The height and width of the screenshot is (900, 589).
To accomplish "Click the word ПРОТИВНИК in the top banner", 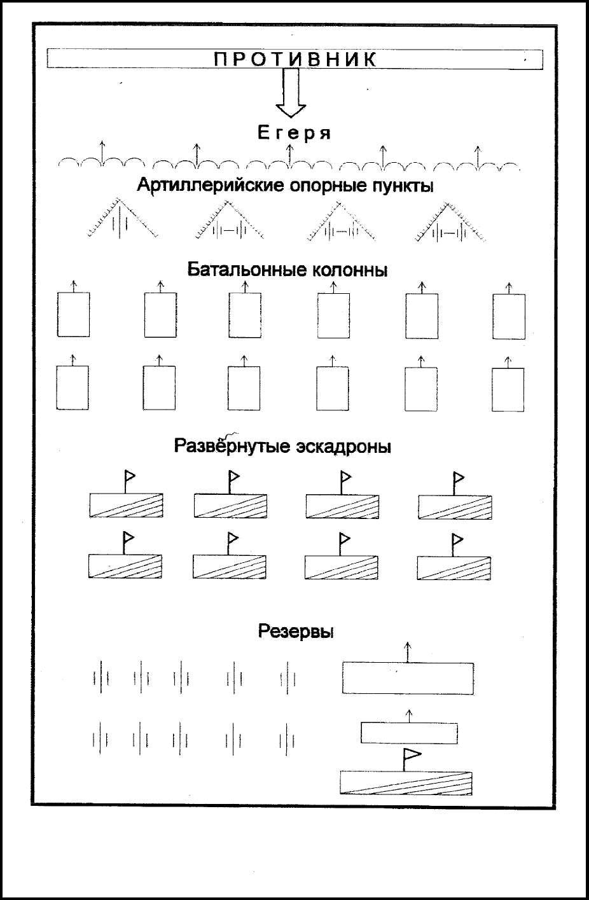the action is (295, 59).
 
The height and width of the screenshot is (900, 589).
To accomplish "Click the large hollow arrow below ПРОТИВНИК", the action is (291, 92).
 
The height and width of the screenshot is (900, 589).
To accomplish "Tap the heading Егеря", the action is (294, 133).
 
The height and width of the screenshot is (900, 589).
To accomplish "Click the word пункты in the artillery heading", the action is (402, 186).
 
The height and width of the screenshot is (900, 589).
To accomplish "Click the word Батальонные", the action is (247, 270).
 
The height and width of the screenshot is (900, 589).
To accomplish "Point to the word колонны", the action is (350, 270).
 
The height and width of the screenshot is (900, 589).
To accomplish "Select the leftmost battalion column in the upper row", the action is (73, 314).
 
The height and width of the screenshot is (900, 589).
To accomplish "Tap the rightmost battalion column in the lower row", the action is (508, 389).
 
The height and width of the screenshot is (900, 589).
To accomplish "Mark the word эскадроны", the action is (343, 447).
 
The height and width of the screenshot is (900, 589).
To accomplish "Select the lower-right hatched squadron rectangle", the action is (454, 568).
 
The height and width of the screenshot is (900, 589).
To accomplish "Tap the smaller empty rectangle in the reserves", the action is (409, 733).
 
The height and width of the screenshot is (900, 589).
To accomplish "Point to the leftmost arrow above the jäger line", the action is (102, 152).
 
